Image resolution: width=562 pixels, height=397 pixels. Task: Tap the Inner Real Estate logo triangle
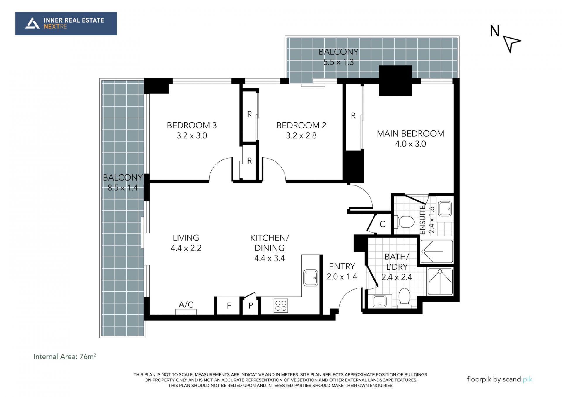pyautogui.click(x=32, y=23)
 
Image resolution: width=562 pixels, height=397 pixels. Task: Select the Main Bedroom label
pyautogui.click(x=410, y=134)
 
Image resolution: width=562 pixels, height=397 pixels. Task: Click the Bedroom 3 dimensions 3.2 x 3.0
pyautogui.click(x=192, y=135)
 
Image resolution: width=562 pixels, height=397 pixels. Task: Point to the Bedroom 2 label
pyautogui.click(x=301, y=125)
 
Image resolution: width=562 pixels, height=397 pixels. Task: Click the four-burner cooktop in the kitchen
pyautogui.click(x=281, y=305)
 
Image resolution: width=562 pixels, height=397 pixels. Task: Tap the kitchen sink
pyautogui.click(x=311, y=278)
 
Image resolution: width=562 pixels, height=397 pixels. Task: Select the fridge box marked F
pyautogui.click(x=229, y=306)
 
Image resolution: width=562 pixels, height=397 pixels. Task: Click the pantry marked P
pyautogui.click(x=251, y=306)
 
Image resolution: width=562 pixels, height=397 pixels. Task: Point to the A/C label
pyautogui.click(x=186, y=305)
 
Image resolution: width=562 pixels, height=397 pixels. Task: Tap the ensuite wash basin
pyautogui.click(x=445, y=209)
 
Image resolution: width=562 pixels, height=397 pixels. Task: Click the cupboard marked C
pyautogui.click(x=382, y=224)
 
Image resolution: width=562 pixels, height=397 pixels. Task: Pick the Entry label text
pyautogui.click(x=342, y=266)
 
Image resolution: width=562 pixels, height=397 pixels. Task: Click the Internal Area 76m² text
pyautogui.click(x=65, y=356)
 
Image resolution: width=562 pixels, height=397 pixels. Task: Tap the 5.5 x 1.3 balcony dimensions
pyautogui.click(x=338, y=62)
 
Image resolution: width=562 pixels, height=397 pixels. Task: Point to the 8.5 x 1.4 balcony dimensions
pyautogui.click(x=122, y=188)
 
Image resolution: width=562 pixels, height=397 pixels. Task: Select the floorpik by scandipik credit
pyautogui.click(x=499, y=379)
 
